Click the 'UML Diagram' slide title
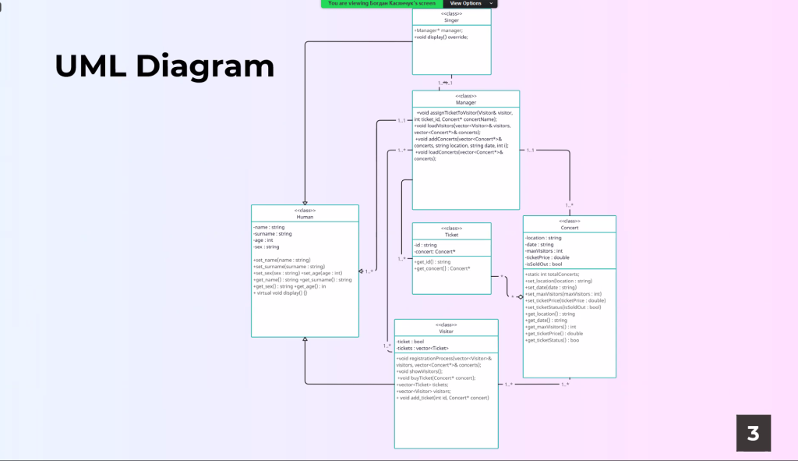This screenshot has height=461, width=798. coord(164,66)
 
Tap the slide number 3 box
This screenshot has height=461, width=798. coord(753,433)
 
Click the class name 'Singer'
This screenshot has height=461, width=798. coord(452,20)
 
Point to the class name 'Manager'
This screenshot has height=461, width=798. coord(466,102)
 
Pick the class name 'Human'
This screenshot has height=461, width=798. coord(305,217)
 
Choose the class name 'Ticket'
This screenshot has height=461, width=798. coord(451,234)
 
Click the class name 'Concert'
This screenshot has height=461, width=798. coord(569,228)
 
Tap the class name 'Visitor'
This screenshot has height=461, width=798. coord(446,331)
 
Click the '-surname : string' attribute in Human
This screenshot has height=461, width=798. coord(273,233)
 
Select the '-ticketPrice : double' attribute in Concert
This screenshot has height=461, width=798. coord(547,257)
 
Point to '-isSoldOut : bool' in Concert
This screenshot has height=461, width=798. coord(544,264)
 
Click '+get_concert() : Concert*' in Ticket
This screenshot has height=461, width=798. coord(443,268)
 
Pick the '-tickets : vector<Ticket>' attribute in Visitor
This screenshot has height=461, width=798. coord(422,348)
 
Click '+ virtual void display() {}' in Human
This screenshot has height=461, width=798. coord(281,293)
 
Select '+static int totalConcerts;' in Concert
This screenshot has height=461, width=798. coord(553,275)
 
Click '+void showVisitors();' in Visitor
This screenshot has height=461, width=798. coord(419,371)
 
